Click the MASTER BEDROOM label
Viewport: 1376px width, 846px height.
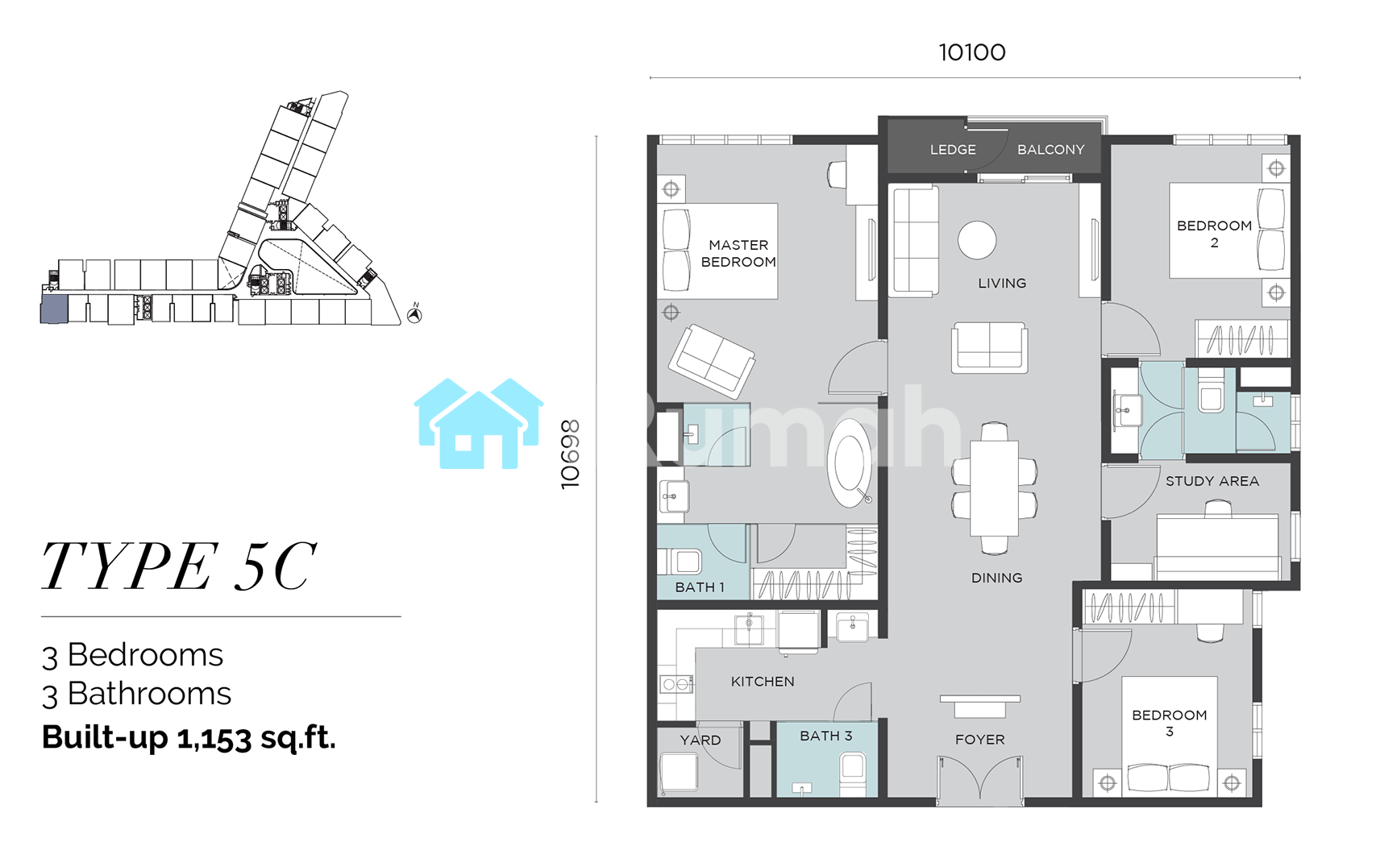click(x=738, y=254)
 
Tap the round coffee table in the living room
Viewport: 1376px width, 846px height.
click(x=977, y=240)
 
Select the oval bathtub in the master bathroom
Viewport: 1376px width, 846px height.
click(x=850, y=463)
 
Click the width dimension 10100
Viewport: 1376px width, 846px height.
click(x=972, y=52)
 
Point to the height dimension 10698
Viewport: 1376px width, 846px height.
click(x=570, y=454)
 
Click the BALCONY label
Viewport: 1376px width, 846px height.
click(x=1050, y=150)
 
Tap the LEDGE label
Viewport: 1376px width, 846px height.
click(x=953, y=150)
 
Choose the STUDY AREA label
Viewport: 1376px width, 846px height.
click(x=1212, y=481)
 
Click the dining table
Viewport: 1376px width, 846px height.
click(x=995, y=489)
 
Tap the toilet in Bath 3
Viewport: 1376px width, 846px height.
click(x=853, y=773)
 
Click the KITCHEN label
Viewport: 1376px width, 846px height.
click(x=763, y=682)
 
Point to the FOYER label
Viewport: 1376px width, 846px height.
click(x=979, y=740)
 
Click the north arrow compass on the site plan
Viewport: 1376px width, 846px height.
click(x=415, y=314)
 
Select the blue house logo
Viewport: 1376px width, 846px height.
click(x=479, y=424)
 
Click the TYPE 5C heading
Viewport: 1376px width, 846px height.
click(x=179, y=566)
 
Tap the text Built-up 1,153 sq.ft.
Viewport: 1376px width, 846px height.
click(x=189, y=737)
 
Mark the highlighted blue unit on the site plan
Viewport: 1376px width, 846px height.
click(x=54, y=309)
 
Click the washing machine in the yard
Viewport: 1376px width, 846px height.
click(x=679, y=772)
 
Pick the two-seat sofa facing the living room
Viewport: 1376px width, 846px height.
click(x=990, y=347)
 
